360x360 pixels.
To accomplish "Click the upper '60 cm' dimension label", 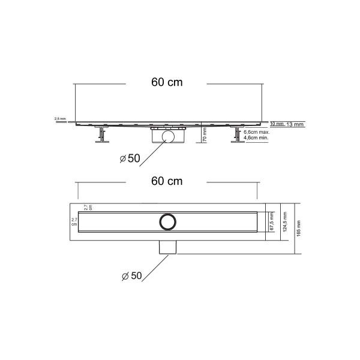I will tap(167, 82).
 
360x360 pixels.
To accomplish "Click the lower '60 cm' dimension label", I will tap(167, 181).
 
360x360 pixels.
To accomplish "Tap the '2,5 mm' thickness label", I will tap(60, 119).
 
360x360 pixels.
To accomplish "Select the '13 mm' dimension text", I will tap(295, 124).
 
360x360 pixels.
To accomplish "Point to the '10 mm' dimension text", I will tap(277, 124).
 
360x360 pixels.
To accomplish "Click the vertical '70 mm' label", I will tap(205, 134).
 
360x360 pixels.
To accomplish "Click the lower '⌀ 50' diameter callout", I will tap(130, 275).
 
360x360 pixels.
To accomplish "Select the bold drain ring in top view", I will tap(167, 221).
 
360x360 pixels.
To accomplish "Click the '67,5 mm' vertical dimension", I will tap(272, 221).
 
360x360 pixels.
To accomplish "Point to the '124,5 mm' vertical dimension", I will tap(286, 221).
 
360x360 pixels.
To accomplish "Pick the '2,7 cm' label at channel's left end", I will tap(74, 221).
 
